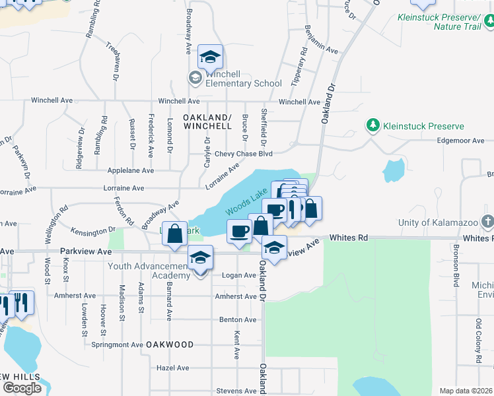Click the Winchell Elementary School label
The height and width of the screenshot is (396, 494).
click(x=244, y=79)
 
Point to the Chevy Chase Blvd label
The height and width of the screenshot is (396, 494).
click(x=248, y=154)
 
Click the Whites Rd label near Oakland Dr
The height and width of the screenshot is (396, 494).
click(x=348, y=238)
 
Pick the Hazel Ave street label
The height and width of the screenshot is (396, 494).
click(x=174, y=368)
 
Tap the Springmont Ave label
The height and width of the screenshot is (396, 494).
click(x=118, y=345)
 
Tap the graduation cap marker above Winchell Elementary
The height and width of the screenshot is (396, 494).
click(x=210, y=58)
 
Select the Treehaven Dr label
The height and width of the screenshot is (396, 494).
click(x=114, y=61)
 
